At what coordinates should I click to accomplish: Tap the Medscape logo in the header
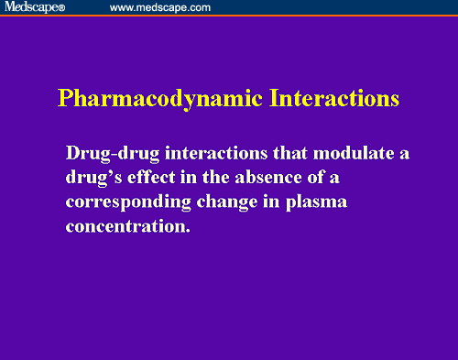[x=30, y=7]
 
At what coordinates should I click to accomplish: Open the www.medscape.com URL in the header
[x=159, y=7]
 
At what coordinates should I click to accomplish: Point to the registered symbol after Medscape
[x=62, y=8]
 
